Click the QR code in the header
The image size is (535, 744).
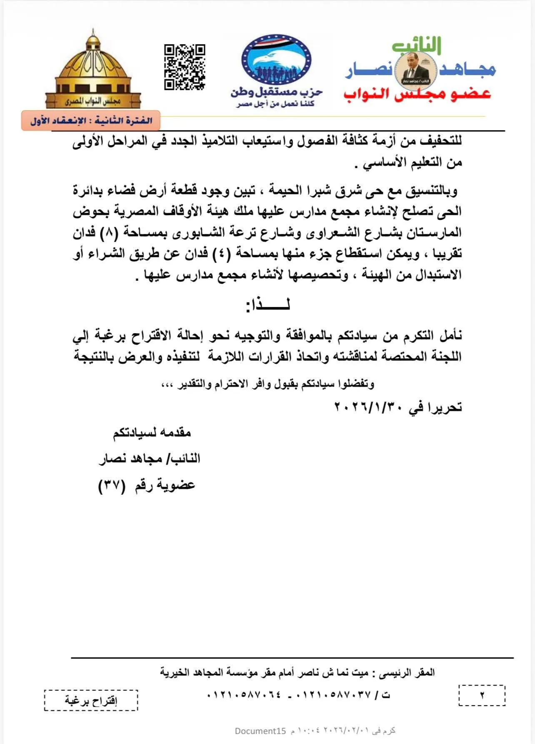click(185, 67)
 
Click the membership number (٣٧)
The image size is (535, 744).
click(111, 485)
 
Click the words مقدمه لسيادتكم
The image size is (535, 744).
click(152, 433)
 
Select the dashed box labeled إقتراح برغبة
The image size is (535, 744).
click(91, 700)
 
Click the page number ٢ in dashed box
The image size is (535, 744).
click(482, 695)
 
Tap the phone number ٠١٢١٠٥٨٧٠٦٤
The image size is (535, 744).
click(244, 695)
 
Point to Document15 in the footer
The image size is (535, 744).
click(260, 731)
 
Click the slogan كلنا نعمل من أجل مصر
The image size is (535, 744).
click(275, 103)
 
